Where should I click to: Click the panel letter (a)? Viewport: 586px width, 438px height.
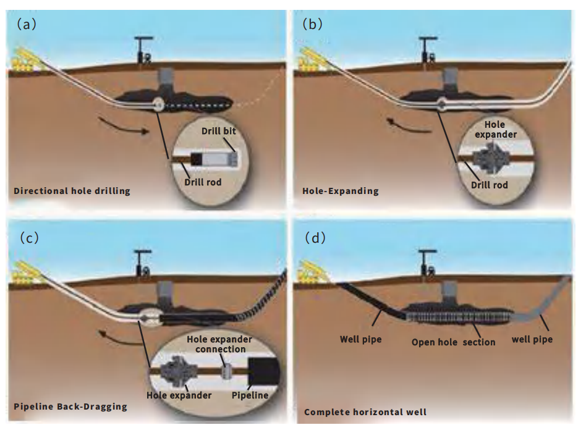point(27,25)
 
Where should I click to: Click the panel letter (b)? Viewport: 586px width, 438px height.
point(313,25)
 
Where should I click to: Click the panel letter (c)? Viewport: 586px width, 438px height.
point(27,237)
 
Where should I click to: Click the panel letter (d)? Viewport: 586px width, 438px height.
point(313,237)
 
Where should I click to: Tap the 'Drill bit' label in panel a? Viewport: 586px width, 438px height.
point(219,131)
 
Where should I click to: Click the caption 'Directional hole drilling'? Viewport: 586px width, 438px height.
point(72,191)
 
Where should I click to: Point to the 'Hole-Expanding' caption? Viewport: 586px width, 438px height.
point(341,191)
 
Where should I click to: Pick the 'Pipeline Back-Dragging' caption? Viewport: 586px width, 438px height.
point(70,406)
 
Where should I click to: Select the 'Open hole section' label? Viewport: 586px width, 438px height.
point(453,342)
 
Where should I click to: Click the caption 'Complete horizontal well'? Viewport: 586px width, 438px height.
point(365,411)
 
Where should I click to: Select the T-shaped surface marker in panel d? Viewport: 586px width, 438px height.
point(425,260)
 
